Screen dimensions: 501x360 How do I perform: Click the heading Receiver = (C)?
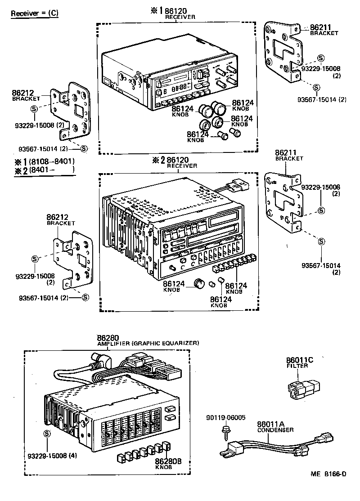point(34,13)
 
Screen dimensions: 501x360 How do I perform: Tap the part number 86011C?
point(299,360)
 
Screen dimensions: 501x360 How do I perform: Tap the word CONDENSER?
point(275,430)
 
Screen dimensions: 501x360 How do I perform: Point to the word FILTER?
point(297,366)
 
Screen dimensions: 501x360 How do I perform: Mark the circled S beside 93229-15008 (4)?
point(47,433)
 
